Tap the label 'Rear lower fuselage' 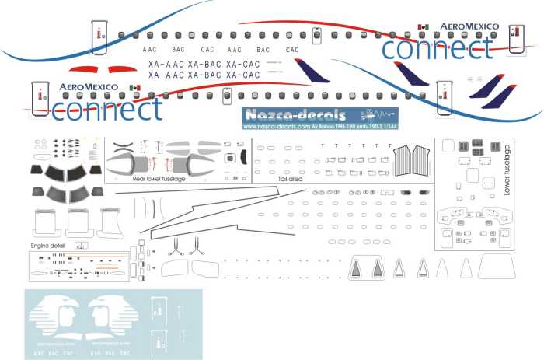pyautogui.click(x=159, y=179)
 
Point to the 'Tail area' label pyautogui.click(x=288, y=179)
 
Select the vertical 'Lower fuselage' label pyautogui.click(x=507, y=169)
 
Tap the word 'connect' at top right pyautogui.click(x=437, y=48)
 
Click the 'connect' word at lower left pyautogui.click(x=106, y=109)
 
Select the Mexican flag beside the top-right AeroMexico pyautogui.click(x=424, y=27)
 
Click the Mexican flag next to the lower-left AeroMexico pyautogui.click(x=134, y=87)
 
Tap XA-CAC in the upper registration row pyautogui.click(x=242, y=64)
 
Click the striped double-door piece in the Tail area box pyautogui.click(x=412, y=163)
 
